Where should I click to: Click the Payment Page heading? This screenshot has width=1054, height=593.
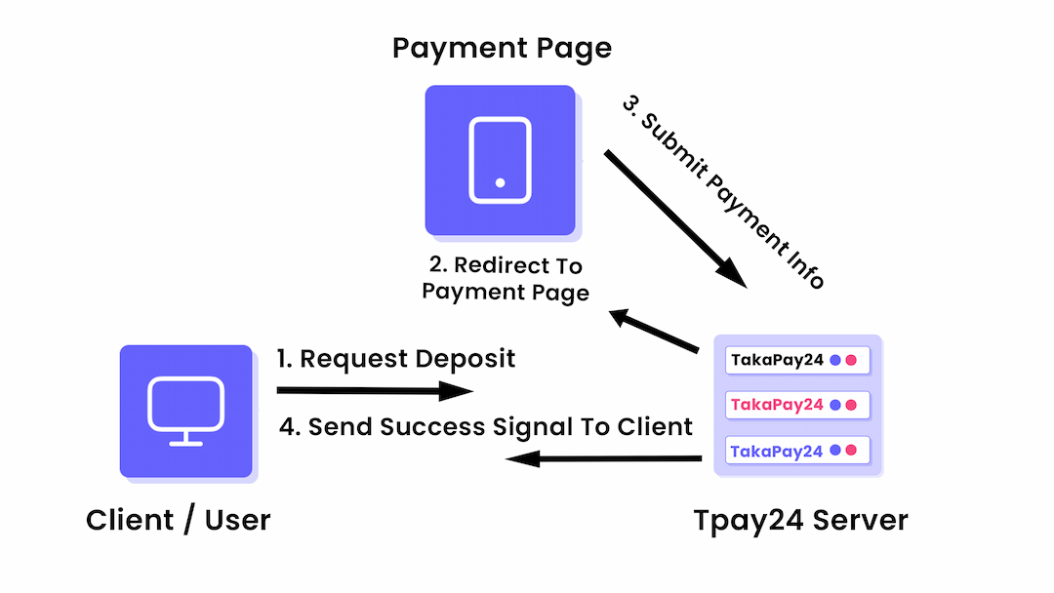pos(502,48)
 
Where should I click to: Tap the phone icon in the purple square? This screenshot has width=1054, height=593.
pos(500,160)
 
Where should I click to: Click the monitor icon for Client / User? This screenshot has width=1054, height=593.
pos(185,411)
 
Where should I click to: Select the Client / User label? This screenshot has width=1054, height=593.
pos(178,520)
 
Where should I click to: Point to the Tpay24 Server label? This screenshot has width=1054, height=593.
pos(800,520)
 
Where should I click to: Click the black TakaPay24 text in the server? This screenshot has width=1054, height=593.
pos(778,360)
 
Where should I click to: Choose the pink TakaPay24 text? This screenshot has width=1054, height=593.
pos(778,405)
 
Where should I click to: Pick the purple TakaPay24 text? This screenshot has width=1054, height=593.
pos(778,451)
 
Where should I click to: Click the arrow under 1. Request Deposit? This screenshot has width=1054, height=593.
pos(375,391)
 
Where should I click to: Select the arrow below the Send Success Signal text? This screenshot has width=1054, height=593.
pos(605,458)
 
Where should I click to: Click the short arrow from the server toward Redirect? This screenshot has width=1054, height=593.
pos(654,332)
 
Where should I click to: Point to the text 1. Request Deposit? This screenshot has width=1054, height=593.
pos(395,359)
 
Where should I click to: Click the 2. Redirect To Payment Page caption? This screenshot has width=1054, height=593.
pos(506,279)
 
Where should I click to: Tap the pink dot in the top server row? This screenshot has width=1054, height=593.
pos(851,360)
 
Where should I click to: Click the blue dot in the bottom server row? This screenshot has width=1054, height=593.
pos(835,451)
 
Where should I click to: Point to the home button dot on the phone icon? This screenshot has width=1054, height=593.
pos(500,182)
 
